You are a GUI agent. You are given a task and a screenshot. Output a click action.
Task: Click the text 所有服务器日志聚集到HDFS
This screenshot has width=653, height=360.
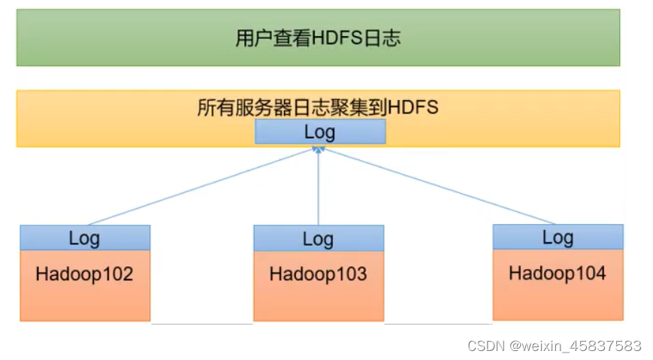coord(317,107)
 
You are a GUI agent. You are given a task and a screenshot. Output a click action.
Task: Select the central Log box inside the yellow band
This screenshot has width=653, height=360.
coord(319,132)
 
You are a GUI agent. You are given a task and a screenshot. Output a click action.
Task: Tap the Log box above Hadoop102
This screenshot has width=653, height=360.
coord(84,238)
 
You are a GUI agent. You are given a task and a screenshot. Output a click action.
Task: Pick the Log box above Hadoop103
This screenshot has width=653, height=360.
coord(318,239)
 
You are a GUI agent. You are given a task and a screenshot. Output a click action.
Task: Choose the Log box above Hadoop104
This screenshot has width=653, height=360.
coord(558,237)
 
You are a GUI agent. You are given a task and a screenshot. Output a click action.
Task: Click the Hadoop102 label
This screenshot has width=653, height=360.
coord(84,274)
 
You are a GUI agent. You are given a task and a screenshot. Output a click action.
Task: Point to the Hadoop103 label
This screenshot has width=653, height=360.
coord(318,274)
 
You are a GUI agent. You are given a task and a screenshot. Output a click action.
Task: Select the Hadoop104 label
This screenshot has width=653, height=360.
coord(558,272)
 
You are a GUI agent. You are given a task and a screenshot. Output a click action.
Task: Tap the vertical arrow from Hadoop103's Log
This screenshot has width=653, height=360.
coord(319,188)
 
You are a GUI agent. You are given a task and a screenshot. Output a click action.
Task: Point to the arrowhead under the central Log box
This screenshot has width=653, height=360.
coord(319,150)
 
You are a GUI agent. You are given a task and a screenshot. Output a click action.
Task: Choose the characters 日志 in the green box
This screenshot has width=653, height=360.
coord(385,38)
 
